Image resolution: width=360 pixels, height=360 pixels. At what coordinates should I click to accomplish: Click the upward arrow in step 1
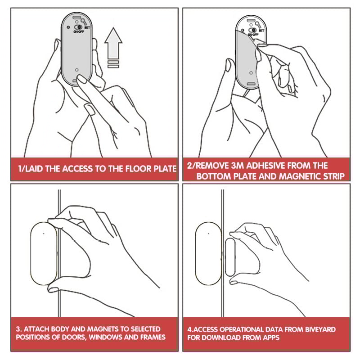(x=113, y=43)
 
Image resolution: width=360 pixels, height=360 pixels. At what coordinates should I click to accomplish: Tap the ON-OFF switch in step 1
(x=78, y=27)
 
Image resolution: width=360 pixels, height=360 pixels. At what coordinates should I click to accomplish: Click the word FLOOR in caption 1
(x=139, y=169)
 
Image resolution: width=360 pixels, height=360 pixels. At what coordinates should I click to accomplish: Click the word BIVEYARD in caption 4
(x=320, y=329)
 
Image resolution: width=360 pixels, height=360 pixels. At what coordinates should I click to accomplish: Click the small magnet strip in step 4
(x=230, y=257)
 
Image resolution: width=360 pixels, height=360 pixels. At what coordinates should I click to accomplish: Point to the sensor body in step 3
(x=44, y=253)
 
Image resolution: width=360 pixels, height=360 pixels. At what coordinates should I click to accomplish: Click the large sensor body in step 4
(x=208, y=253)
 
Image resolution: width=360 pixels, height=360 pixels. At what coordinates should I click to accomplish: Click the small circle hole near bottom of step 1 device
(x=76, y=70)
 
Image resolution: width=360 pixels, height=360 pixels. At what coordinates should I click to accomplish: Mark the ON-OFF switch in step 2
(x=252, y=30)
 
